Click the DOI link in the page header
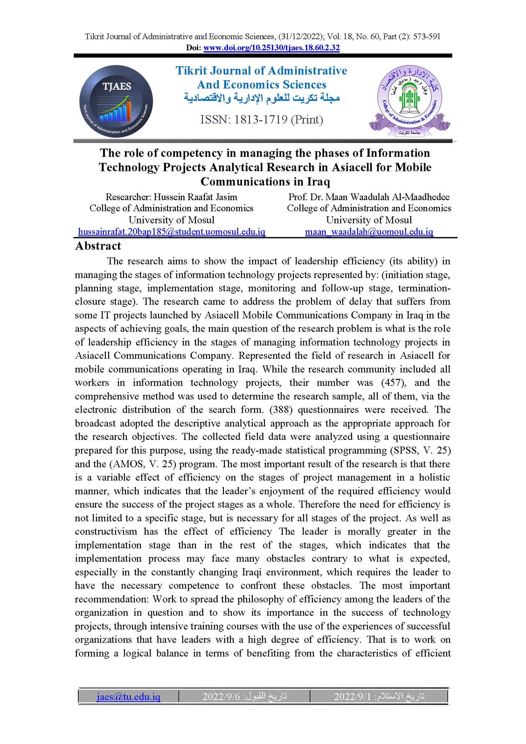pyautogui.click(x=271, y=48)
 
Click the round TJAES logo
pyautogui.click(x=116, y=101)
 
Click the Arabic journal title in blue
pyautogui.click(x=262, y=98)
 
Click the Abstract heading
pyautogui.click(x=98, y=246)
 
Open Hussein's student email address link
pyautogui.click(x=171, y=232)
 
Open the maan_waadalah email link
pyautogui.click(x=369, y=232)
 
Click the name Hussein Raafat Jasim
pyautogui.click(x=195, y=197)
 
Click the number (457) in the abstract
pyautogui.click(x=394, y=383)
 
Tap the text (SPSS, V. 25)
pyautogui.click(x=420, y=450)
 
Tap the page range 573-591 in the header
pyautogui.click(x=426, y=36)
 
